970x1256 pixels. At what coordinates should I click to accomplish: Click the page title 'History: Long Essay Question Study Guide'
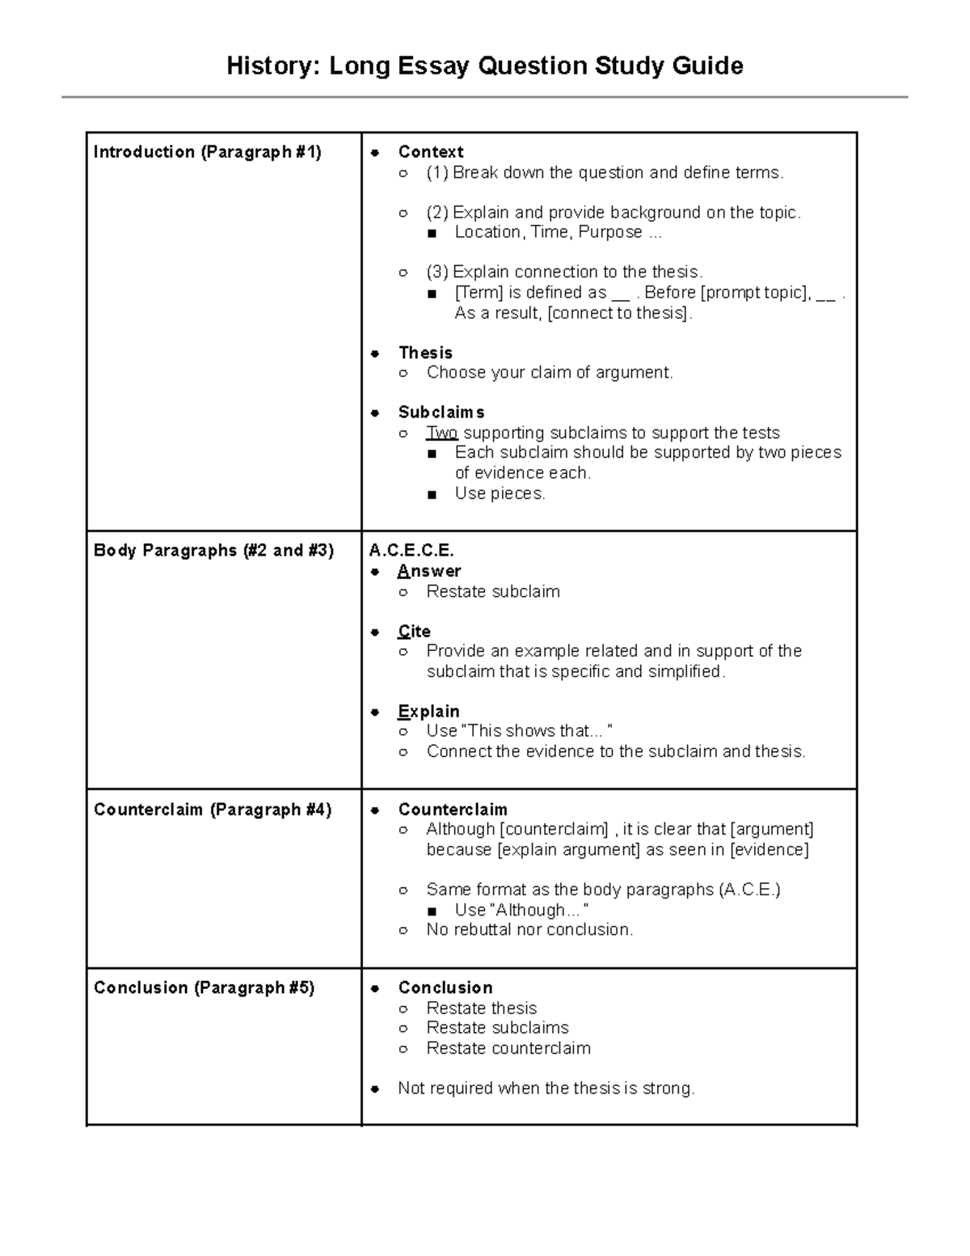[x=484, y=66]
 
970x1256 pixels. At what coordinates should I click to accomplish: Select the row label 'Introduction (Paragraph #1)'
[x=207, y=152]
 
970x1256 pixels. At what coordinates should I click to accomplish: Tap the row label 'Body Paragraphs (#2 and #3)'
[x=213, y=551]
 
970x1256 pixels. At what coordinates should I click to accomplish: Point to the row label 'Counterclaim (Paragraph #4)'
[x=213, y=810]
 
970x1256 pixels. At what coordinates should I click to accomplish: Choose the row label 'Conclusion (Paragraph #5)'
[x=204, y=987]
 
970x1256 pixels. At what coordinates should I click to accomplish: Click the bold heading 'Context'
[x=430, y=152]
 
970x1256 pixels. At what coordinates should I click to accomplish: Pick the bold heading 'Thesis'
[x=425, y=353]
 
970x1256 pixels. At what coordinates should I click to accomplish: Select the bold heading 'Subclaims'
[x=441, y=412]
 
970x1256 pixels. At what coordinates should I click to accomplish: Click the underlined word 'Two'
[x=441, y=433]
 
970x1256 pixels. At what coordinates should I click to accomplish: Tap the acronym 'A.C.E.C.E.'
[x=411, y=551]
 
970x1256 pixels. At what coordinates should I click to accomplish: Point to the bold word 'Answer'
[x=428, y=571]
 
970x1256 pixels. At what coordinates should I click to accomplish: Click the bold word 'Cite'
[x=414, y=632]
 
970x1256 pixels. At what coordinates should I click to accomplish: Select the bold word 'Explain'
[x=428, y=712]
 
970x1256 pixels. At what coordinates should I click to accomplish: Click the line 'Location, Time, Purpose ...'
[x=558, y=232]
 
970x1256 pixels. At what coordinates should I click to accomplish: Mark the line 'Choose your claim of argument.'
[x=550, y=373]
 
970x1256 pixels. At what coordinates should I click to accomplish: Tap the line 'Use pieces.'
[x=500, y=493]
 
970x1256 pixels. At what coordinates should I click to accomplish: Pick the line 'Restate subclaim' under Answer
[x=493, y=592]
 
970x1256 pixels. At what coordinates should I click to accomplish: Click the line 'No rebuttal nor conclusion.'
[x=529, y=930]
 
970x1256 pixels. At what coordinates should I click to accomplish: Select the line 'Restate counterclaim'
[x=508, y=1048]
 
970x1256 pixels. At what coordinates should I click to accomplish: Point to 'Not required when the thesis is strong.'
[x=546, y=1089]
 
